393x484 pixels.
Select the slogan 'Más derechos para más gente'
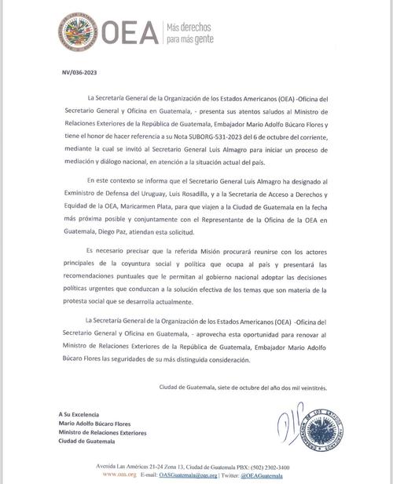(x=187, y=34)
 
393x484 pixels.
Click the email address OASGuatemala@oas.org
(x=189, y=475)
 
